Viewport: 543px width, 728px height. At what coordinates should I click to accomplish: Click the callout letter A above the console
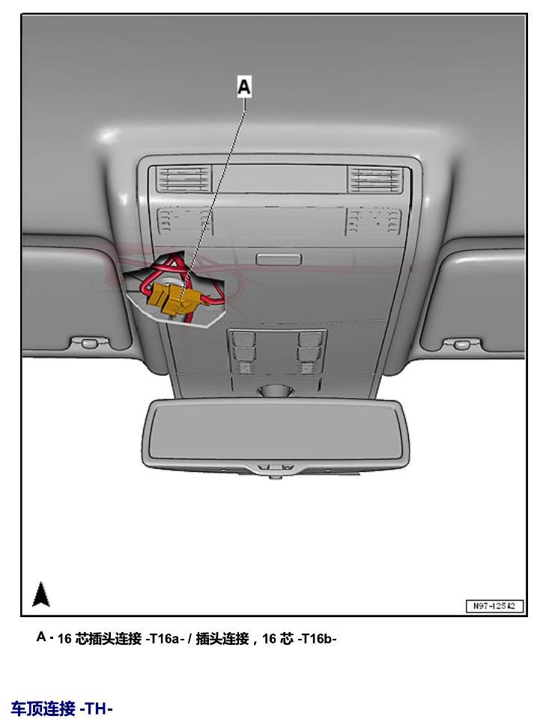[243, 87]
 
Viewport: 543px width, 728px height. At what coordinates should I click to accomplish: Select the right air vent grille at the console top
[377, 179]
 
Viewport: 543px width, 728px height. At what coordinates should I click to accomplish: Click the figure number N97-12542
[494, 605]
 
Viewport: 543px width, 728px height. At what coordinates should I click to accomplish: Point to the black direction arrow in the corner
[41, 594]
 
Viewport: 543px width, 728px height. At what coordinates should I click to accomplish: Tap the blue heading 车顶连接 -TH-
[61, 709]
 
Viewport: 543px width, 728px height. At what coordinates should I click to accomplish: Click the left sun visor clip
[88, 344]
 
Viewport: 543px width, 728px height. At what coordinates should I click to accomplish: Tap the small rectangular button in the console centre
[279, 259]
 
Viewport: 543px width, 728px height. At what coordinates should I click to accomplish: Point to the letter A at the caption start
[41, 637]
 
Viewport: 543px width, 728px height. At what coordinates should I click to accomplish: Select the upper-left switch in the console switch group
[243, 339]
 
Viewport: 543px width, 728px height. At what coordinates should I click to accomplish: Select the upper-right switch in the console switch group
[309, 339]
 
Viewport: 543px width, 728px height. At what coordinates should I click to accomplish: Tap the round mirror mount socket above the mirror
[275, 390]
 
